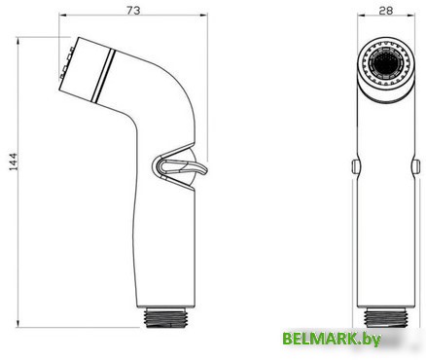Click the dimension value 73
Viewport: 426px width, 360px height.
[133, 11]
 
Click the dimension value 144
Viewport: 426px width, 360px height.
[13, 162]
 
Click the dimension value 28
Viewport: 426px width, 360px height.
[385, 11]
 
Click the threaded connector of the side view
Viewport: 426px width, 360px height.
[166, 317]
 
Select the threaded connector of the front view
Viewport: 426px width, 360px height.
[386, 317]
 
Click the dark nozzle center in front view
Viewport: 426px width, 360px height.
[386, 63]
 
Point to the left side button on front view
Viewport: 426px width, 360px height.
[355, 166]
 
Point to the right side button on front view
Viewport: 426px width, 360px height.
[416, 166]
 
